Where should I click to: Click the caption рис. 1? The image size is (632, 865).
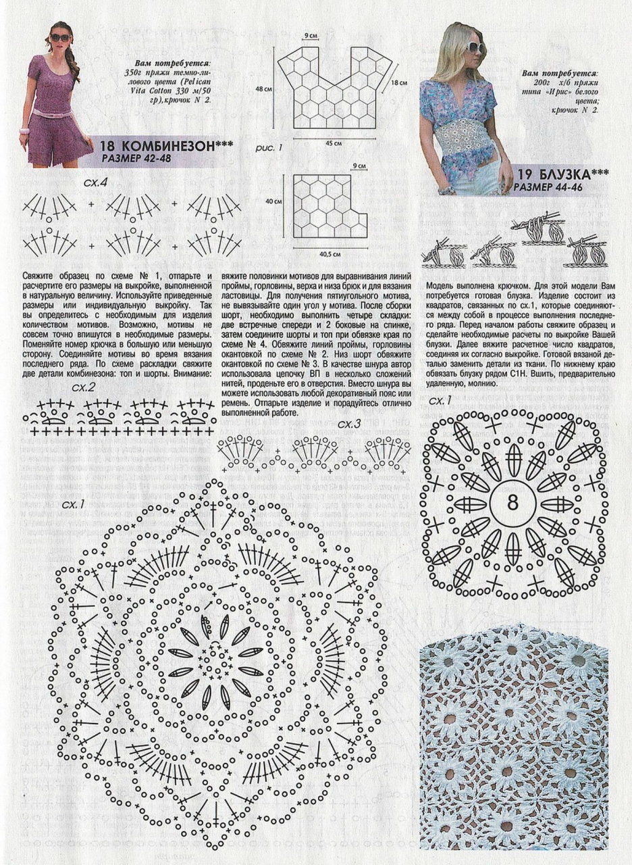tap(269, 147)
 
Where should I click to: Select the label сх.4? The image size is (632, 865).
tap(95, 182)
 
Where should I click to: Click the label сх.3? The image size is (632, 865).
tap(349, 424)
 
